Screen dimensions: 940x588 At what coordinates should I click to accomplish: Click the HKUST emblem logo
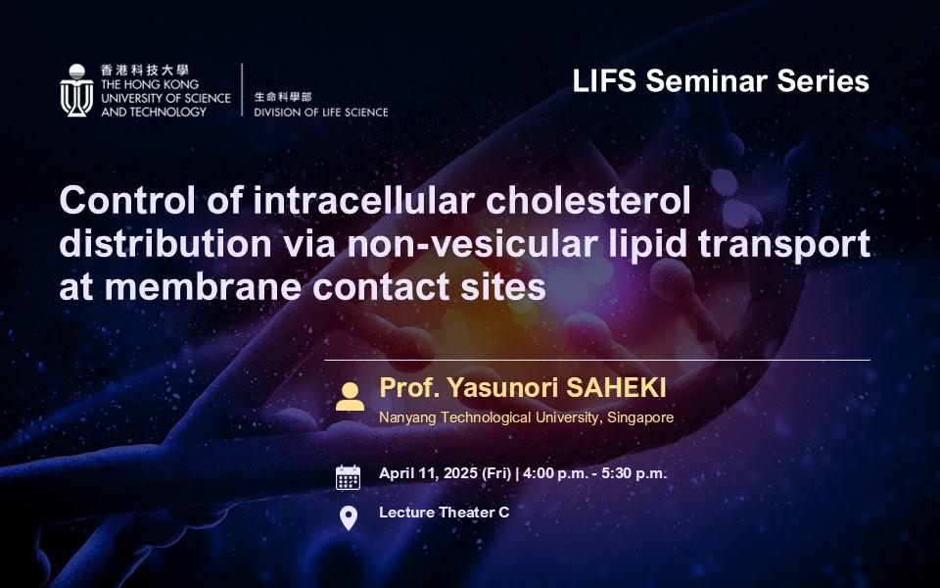pyautogui.click(x=76, y=90)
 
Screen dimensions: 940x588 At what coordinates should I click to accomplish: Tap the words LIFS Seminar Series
pyautogui.click(x=721, y=81)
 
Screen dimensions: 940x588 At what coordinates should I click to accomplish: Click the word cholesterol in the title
pyautogui.click(x=588, y=200)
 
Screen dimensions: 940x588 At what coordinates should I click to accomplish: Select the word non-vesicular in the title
pyautogui.click(x=472, y=244)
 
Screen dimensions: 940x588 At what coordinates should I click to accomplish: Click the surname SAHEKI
pyautogui.click(x=616, y=388)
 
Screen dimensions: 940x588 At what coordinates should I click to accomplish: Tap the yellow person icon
pyautogui.click(x=350, y=397)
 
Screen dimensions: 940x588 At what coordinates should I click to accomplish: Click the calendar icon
pyautogui.click(x=348, y=477)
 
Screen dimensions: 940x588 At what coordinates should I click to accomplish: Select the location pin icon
pyautogui.click(x=349, y=518)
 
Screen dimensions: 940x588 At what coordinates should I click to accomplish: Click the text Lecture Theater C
pyautogui.click(x=445, y=513)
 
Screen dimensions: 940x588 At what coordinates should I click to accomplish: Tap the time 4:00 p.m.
pyautogui.click(x=555, y=473)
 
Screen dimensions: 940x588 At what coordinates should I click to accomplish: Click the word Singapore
pyautogui.click(x=640, y=417)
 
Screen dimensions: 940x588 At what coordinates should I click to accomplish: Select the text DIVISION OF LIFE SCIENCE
pyautogui.click(x=321, y=112)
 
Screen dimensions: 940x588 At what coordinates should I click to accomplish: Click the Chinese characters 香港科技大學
pyautogui.click(x=145, y=71)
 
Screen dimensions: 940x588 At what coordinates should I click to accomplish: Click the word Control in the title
pyautogui.click(x=127, y=200)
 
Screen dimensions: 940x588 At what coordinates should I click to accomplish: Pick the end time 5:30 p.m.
pyautogui.click(x=634, y=473)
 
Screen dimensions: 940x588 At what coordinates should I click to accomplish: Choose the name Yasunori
pyautogui.click(x=503, y=388)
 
